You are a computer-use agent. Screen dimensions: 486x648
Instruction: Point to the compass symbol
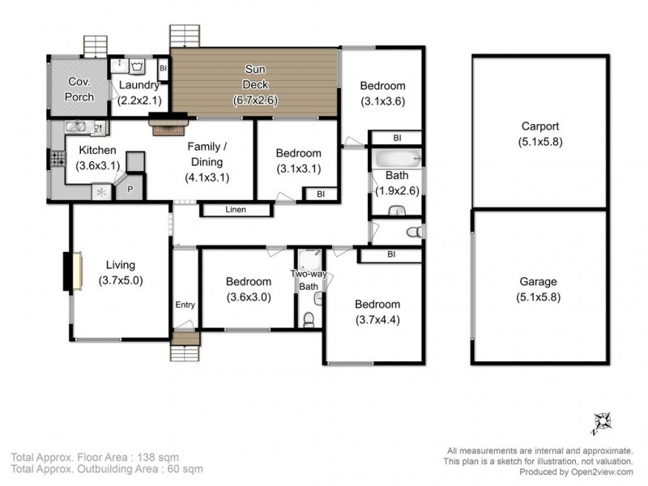tap(601, 420)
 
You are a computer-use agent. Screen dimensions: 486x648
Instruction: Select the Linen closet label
tap(235, 211)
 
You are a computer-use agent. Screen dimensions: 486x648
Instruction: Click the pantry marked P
tap(130, 189)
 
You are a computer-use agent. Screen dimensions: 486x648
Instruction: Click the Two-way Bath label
tap(309, 280)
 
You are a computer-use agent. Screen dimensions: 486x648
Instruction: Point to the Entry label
tap(185, 305)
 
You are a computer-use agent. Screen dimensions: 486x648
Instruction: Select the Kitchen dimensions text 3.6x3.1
tap(97, 165)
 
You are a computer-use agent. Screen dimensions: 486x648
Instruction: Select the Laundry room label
tap(140, 85)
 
